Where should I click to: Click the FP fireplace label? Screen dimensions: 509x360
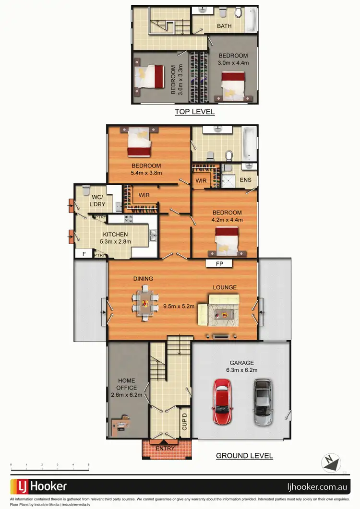click(219, 263)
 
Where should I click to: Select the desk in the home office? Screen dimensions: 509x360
click(121, 424)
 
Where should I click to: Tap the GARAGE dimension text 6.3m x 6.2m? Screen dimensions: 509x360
click(241, 370)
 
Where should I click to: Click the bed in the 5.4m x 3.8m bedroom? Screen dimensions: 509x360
click(139, 143)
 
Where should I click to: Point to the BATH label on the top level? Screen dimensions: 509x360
click(224, 26)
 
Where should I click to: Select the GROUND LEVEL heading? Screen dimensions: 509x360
click(244, 456)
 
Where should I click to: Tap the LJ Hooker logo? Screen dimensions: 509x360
click(39, 486)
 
